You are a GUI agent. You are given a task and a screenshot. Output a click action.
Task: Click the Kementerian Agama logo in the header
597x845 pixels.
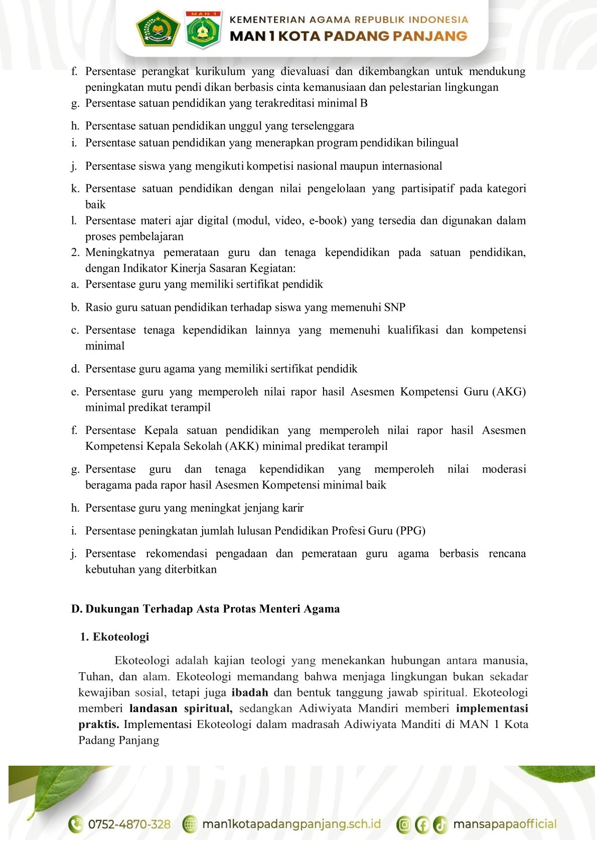pos(158,29)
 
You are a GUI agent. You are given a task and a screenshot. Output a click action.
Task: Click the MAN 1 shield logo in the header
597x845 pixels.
pos(203,29)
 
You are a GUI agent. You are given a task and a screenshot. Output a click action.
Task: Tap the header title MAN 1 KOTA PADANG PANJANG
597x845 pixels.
pos(348,36)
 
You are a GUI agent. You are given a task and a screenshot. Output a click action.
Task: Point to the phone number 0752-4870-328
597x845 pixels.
pos(129,824)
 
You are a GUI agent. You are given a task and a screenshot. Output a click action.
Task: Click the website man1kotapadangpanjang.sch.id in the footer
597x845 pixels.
pos(291,824)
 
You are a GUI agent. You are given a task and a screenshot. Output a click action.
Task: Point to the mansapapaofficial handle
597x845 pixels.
pos(505,824)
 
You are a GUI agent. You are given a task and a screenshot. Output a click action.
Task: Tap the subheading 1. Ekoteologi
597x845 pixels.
pos(115,637)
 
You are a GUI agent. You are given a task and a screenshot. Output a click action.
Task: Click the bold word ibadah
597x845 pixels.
pos(250,692)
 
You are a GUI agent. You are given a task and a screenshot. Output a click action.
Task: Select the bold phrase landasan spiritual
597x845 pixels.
pos(181,708)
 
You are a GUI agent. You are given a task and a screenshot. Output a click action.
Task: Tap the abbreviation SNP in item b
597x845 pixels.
pos(394,307)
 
